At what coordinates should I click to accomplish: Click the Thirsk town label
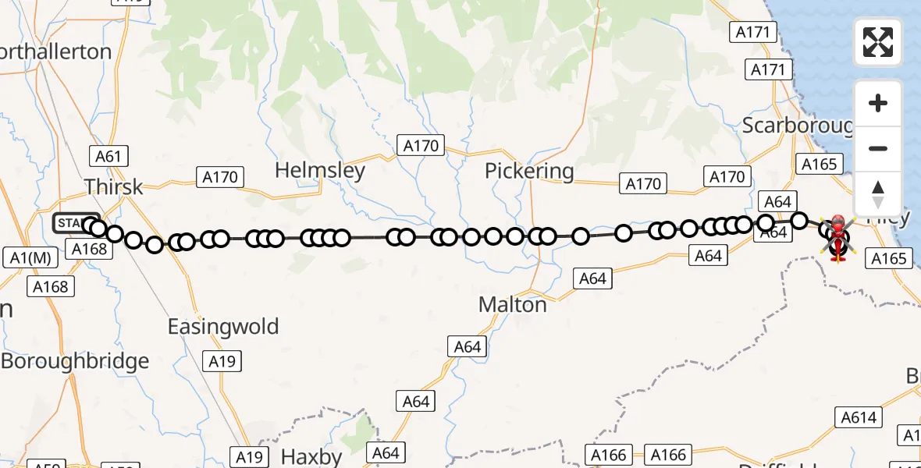[x=114, y=187]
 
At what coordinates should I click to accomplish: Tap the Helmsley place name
[x=320, y=171]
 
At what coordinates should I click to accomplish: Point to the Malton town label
[x=513, y=304]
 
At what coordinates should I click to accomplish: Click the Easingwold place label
[x=223, y=326]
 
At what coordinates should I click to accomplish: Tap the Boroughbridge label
[x=75, y=361]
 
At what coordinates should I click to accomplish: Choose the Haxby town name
[x=311, y=456]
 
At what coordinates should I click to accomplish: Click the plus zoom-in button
[x=878, y=104]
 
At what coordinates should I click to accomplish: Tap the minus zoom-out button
[x=878, y=149]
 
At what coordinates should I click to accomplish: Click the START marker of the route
[x=76, y=224]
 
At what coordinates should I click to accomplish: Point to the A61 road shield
[x=108, y=156]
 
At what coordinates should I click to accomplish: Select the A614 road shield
[x=859, y=418]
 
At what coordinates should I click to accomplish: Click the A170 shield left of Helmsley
[x=220, y=177]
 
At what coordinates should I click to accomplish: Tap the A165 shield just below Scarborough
[x=820, y=164]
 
